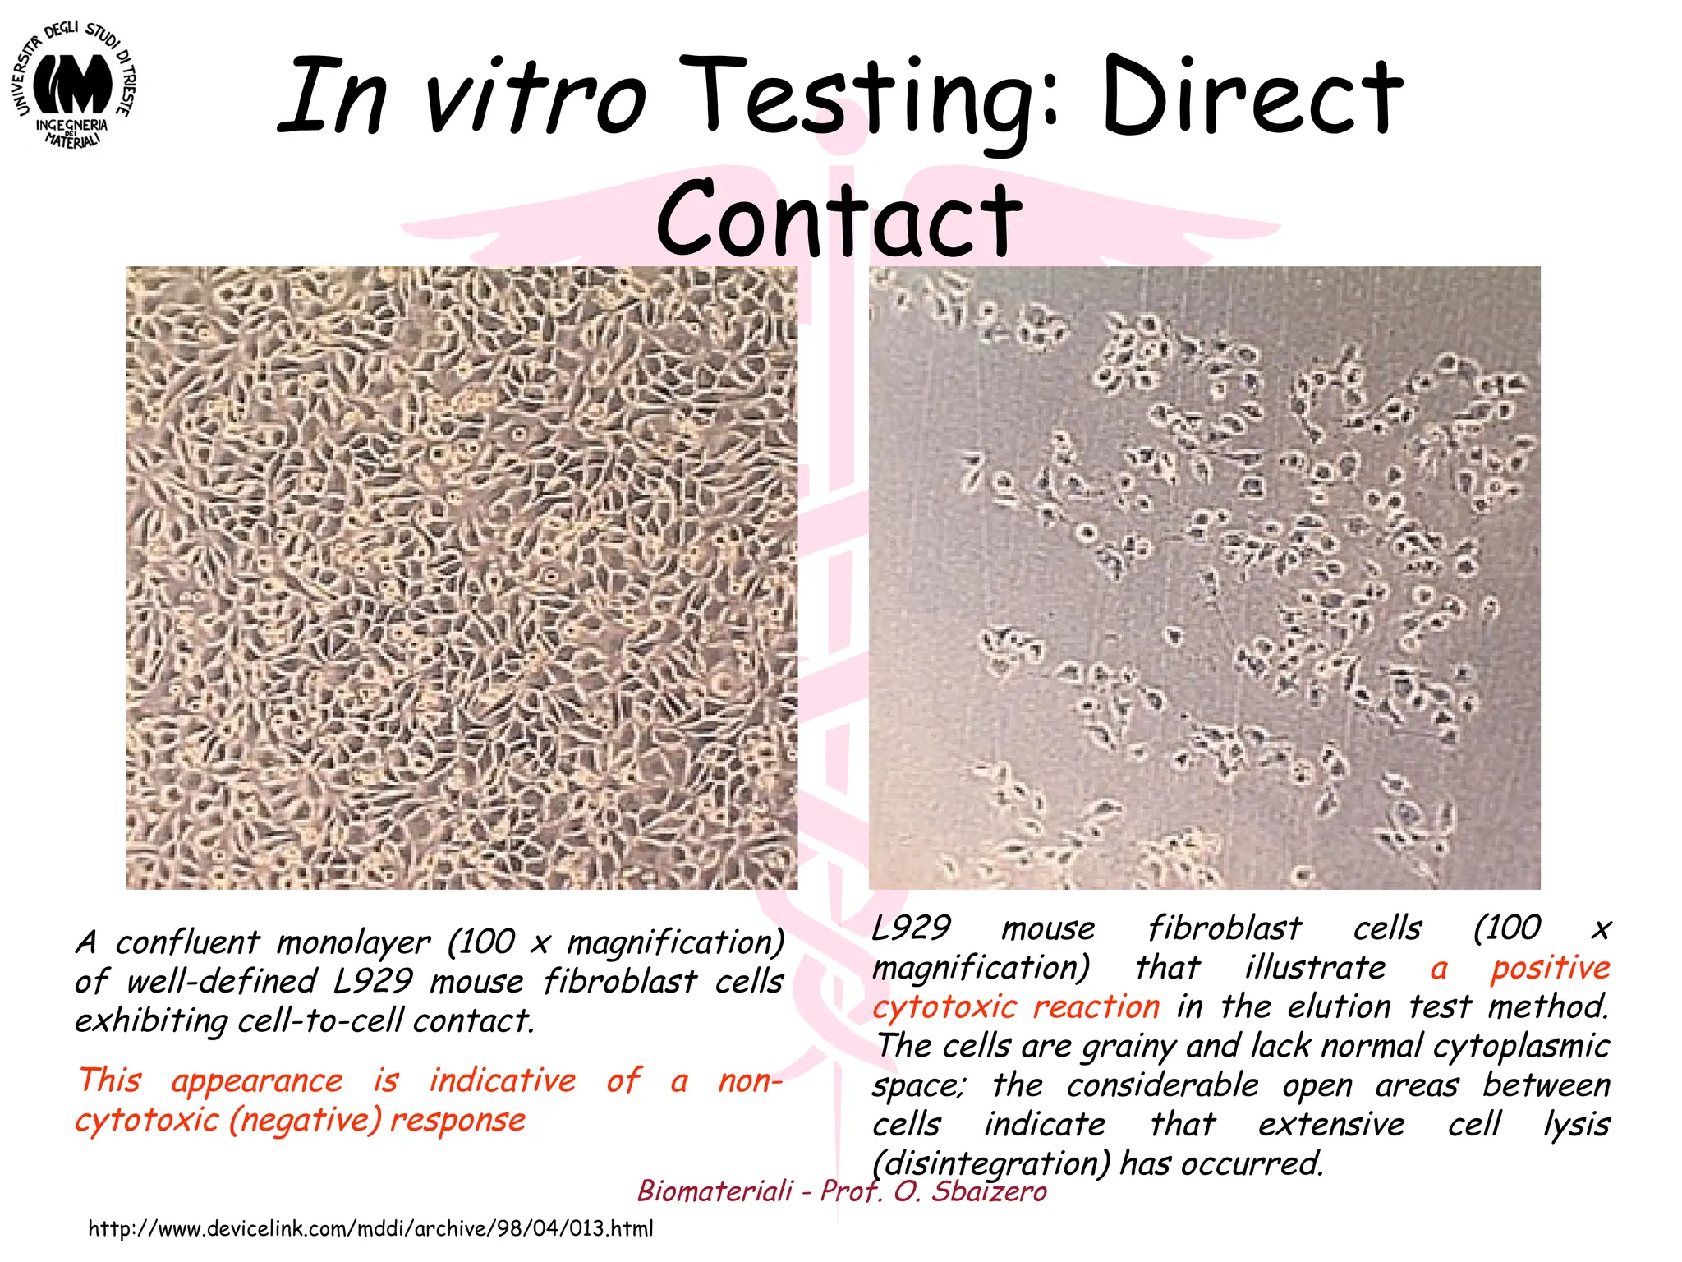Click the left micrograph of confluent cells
[461, 578]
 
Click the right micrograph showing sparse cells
[1204, 578]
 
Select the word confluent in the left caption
[187, 942]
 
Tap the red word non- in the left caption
[749, 1080]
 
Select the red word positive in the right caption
[1550, 968]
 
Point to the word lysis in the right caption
[1576, 1125]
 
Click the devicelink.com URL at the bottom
[370, 1229]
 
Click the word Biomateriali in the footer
[715, 1191]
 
